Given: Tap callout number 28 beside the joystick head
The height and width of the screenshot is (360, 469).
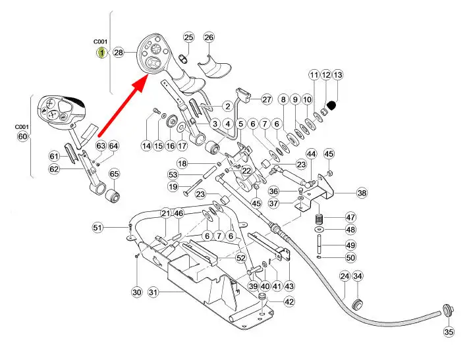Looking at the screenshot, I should click(119, 52).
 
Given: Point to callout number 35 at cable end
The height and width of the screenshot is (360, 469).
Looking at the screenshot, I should click(449, 332).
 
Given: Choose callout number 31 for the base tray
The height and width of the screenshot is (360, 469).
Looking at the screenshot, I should click(153, 292).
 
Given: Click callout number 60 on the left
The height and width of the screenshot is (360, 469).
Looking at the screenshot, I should click(23, 136).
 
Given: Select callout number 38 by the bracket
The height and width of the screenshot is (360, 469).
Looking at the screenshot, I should click(362, 193).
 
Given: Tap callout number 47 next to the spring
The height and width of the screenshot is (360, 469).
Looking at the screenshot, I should click(350, 217).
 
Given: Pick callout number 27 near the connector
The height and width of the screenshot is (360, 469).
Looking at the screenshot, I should click(266, 99).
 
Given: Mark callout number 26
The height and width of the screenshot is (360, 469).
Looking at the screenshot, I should click(209, 38).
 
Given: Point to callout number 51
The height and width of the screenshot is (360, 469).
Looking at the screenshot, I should click(98, 228).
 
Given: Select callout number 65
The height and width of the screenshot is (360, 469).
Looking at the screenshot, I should click(114, 174).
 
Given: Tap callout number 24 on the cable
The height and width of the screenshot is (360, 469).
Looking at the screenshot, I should click(345, 276).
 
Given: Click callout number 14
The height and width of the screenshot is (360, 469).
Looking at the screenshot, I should click(146, 145).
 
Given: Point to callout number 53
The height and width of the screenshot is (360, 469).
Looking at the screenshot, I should click(173, 175).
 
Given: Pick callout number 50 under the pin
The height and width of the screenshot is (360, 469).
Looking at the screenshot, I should click(350, 258).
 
